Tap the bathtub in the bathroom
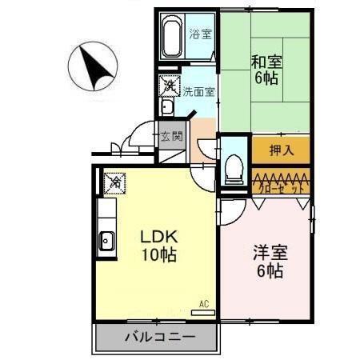pyautogui.click(x=169, y=36)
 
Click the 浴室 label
pyautogui.click(x=200, y=34)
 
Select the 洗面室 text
pyautogui.click(x=198, y=91)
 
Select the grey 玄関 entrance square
pyautogui.click(x=170, y=135)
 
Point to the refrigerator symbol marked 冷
pyautogui.click(x=116, y=182)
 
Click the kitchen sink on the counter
pyautogui.click(x=106, y=239)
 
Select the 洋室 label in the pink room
pyautogui.click(x=268, y=251)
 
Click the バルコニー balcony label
pyautogui.click(x=157, y=337)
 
